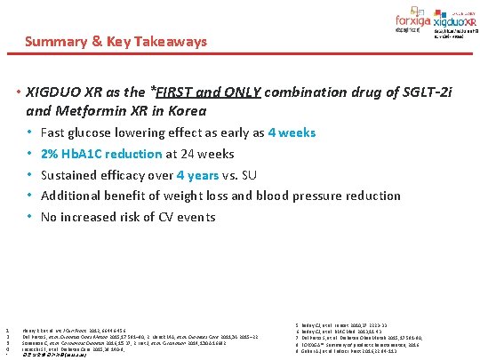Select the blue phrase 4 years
(x=196, y=174)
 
